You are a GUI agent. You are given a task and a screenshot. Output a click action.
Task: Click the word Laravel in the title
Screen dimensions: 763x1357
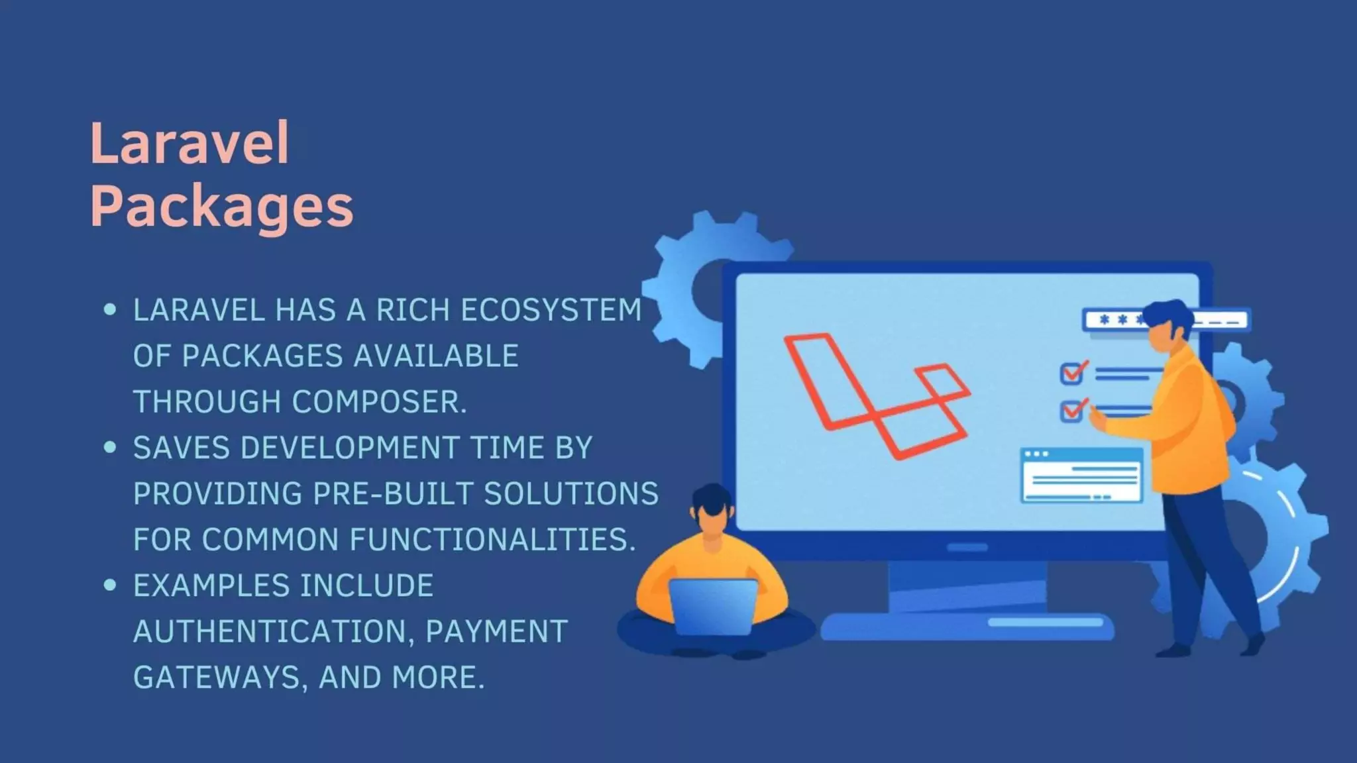(190, 143)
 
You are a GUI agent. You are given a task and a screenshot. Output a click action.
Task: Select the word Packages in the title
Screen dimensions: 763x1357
(222, 206)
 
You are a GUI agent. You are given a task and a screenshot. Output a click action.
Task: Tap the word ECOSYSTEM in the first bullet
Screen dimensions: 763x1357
(551, 310)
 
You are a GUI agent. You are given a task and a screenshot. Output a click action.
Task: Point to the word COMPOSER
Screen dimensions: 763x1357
(379, 402)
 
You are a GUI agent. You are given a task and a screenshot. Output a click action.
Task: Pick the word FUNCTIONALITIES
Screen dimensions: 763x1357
(492, 539)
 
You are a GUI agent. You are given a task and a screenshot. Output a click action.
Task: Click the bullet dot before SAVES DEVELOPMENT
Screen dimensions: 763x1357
(110, 448)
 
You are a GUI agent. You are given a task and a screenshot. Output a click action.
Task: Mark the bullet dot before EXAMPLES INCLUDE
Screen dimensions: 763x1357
(110, 585)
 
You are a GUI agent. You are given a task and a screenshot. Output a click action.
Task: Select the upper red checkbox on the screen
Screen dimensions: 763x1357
(1071, 374)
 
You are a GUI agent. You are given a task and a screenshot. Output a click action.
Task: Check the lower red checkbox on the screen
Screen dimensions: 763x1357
(1071, 411)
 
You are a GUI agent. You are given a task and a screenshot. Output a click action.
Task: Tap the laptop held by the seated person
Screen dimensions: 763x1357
(713, 605)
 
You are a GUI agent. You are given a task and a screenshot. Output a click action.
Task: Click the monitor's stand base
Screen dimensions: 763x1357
(967, 626)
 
